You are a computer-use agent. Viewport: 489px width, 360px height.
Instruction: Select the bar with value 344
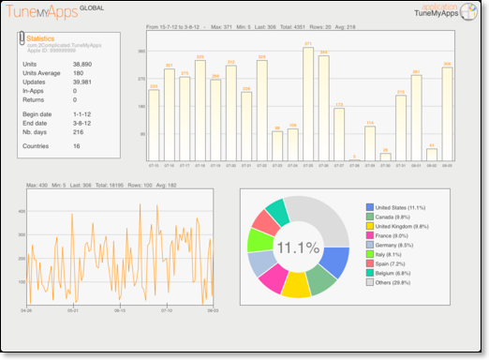point(323,108)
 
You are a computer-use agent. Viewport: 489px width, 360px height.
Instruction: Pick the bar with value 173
point(338,133)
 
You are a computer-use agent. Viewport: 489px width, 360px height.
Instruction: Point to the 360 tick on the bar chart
point(141,50)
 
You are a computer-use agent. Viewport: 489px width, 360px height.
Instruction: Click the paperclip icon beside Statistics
point(21,40)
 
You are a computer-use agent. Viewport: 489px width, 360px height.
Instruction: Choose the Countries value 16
point(76,146)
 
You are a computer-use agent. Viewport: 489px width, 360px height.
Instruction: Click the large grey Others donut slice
point(320,217)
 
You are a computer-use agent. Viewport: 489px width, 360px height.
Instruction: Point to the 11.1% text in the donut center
point(297,247)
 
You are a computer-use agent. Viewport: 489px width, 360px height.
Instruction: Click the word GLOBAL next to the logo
point(93,8)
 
